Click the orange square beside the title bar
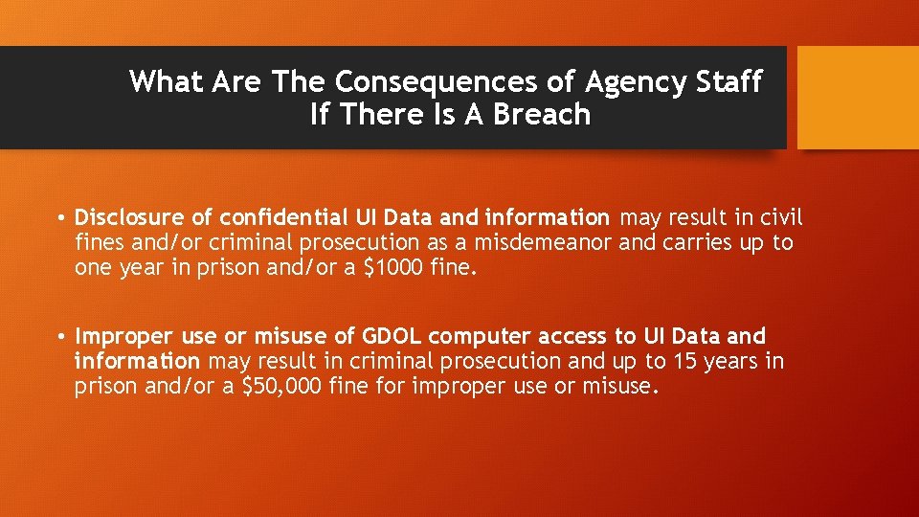point(858,98)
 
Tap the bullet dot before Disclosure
point(59,218)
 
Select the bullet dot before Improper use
point(59,337)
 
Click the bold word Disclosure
point(128,217)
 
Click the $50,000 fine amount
point(281,386)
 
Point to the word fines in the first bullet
point(97,242)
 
